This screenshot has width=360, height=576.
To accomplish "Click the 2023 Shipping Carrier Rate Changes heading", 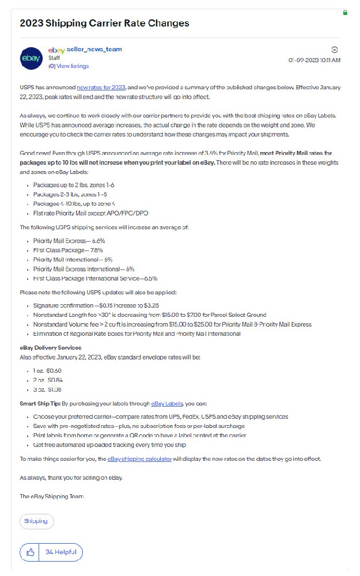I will pyautogui.click(x=104, y=24).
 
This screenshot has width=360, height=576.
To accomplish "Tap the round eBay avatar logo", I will pyautogui.click(x=31, y=58).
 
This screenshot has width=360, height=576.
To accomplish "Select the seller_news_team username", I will pyautogui.click(x=94, y=50).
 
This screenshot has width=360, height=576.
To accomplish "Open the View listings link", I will pyautogui.click(x=72, y=66).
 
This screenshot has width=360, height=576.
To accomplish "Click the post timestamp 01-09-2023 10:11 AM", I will pyautogui.click(x=314, y=60).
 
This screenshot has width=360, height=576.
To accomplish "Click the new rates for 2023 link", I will pyautogui.click(x=101, y=88).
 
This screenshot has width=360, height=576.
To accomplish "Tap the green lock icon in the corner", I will pyautogui.click(x=345, y=12).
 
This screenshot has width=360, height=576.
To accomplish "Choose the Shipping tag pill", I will pyautogui.click(x=37, y=521).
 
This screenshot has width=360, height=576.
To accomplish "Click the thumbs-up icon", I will pyautogui.click(x=31, y=552).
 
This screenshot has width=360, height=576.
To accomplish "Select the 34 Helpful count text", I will pyautogui.click(x=60, y=552).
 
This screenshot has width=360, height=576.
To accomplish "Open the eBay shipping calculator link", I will pyautogui.click(x=139, y=459).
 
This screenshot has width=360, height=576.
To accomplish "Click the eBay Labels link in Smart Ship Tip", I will pyautogui.click(x=167, y=404).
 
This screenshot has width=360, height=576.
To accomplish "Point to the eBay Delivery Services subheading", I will pyautogui.click(x=51, y=348).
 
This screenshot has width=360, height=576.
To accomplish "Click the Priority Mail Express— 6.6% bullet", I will pyautogui.click(x=69, y=241).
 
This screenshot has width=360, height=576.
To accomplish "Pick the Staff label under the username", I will pyautogui.click(x=54, y=58).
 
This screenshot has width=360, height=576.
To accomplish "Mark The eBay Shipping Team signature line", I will pyautogui.click(x=52, y=497).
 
